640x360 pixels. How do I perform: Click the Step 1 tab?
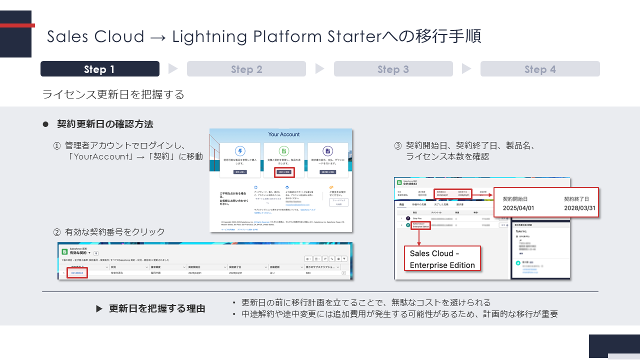99,69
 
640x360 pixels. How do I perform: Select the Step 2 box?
246,69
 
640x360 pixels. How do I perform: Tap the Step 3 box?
393,69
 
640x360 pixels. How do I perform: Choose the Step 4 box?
540,69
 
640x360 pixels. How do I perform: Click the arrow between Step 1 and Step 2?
173,69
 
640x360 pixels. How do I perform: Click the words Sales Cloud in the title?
95,36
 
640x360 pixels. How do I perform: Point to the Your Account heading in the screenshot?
284,134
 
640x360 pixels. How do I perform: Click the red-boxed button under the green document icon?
284,172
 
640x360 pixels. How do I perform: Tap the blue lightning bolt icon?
240,151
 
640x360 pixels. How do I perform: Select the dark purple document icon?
327,151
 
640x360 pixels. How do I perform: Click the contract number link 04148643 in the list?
77,273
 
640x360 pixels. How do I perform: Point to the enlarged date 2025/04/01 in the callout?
518,208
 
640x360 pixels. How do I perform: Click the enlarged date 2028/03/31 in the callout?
580,208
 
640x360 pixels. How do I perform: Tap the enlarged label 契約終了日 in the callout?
580,198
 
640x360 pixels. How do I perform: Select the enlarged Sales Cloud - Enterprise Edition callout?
442,259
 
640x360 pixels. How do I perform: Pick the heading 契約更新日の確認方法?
105,124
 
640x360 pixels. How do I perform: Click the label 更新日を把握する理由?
157,308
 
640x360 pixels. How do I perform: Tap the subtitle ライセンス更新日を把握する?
113,94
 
